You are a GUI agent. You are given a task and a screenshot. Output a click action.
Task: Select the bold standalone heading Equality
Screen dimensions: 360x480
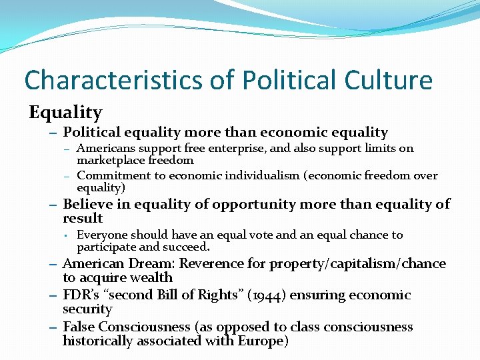65,112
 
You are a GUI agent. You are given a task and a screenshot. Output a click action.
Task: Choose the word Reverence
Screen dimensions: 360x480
209,264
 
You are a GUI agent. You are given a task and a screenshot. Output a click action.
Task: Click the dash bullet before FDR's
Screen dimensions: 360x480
53,295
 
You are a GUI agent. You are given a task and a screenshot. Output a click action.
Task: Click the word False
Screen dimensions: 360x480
79,327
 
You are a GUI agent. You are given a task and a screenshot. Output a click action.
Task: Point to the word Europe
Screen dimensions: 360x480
261,341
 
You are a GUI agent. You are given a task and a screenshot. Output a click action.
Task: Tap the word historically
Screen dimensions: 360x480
99,341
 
